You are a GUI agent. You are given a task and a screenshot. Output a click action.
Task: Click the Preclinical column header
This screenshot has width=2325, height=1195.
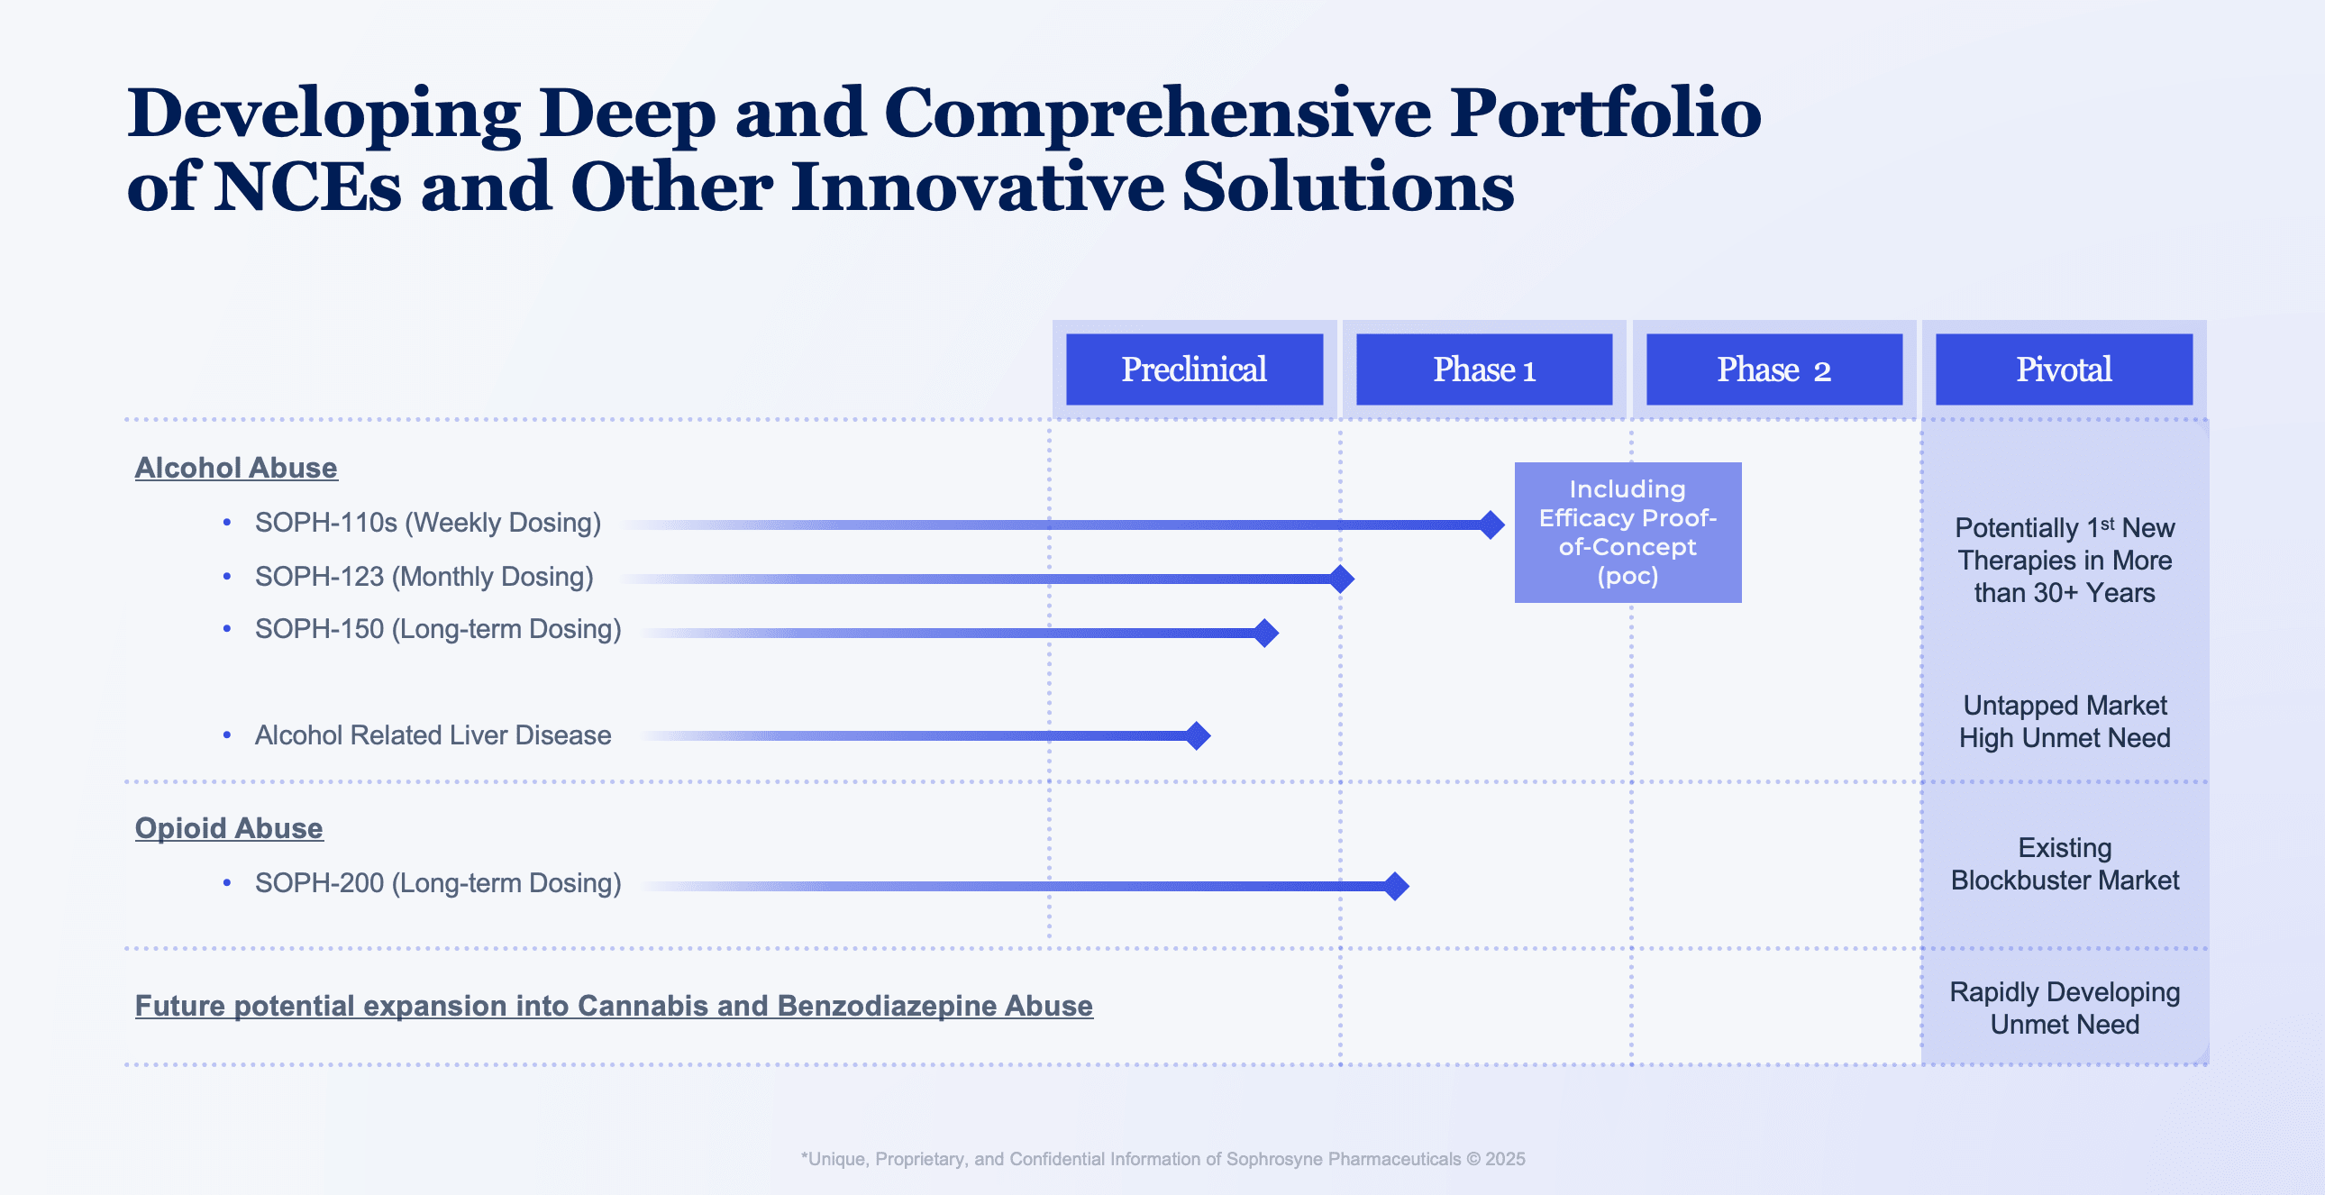click(1193, 369)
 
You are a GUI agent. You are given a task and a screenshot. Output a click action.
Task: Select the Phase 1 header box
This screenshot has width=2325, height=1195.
click(1483, 369)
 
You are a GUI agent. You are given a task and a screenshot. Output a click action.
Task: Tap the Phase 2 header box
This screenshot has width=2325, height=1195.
click(1773, 369)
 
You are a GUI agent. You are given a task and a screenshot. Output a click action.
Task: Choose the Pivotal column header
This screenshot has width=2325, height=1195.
click(2064, 369)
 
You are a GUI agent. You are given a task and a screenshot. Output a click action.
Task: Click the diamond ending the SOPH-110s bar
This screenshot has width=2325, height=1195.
click(1491, 525)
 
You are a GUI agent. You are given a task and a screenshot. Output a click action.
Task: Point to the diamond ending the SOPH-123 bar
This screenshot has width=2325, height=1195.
click(1341, 579)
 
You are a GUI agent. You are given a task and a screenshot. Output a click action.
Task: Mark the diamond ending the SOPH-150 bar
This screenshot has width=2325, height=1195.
click(1265, 633)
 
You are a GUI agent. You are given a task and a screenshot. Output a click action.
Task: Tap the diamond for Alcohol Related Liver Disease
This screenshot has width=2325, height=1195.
click(1197, 735)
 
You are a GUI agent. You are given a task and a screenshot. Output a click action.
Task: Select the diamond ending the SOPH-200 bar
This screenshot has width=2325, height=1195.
click(1395, 885)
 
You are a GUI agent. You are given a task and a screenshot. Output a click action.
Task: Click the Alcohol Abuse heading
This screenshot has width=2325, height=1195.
click(235, 468)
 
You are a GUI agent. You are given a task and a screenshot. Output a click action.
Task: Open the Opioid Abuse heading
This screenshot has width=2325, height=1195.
click(228, 827)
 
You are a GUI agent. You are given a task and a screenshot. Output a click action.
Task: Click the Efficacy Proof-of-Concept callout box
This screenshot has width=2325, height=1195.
click(1627, 532)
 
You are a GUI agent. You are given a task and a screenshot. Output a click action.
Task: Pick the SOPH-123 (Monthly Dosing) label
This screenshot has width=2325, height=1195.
click(424, 577)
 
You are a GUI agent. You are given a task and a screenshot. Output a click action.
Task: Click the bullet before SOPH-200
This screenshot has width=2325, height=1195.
click(226, 882)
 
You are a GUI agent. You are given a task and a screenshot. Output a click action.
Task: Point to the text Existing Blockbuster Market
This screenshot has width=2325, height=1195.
click(2065, 863)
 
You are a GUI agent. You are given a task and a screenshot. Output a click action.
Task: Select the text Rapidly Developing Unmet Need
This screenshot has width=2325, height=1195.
click(2065, 1008)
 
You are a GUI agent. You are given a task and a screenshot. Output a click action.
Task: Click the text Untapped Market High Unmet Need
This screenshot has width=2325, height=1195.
click(2065, 721)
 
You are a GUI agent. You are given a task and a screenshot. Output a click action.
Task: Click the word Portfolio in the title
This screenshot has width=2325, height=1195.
click(1604, 114)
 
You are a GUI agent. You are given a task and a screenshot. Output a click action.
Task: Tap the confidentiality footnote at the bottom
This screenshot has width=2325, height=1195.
click(1162, 1159)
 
